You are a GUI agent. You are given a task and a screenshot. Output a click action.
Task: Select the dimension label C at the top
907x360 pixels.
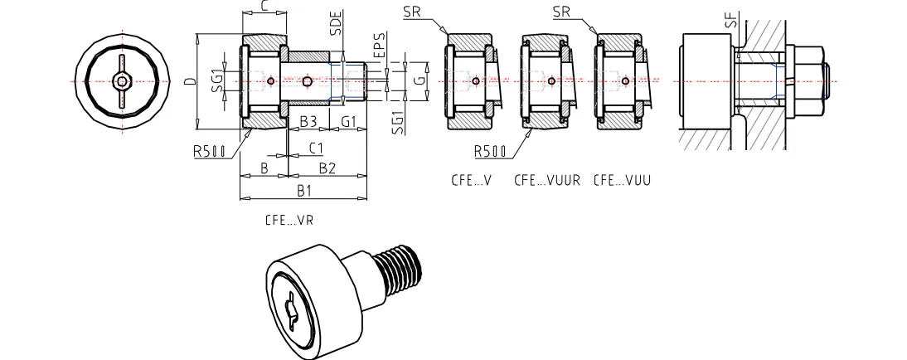click(x=263, y=7)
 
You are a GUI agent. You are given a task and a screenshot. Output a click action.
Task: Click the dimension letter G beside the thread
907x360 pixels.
click(x=420, y=80)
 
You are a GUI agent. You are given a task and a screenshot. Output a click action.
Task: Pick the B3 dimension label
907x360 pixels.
click(x=308, y=121)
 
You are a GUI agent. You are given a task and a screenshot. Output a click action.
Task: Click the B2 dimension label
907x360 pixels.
click(x=327, y=168)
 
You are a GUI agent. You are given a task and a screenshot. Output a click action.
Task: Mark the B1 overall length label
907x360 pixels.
click(x=303, y=192)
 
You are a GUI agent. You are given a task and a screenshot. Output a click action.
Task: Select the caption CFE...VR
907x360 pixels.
click(x=289, y=221)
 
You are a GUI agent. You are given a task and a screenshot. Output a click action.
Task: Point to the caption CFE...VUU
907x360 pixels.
click(x=621, y=179)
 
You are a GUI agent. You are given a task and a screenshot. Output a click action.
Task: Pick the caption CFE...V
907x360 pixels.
click(x=472, y=179)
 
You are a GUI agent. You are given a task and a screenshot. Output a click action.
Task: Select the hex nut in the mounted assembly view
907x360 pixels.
click(x=811, y=80)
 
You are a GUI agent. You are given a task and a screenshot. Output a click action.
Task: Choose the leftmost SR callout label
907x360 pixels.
click(x=412, y=12)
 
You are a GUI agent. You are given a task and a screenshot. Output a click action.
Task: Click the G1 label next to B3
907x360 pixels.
click(x=349, y=121)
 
